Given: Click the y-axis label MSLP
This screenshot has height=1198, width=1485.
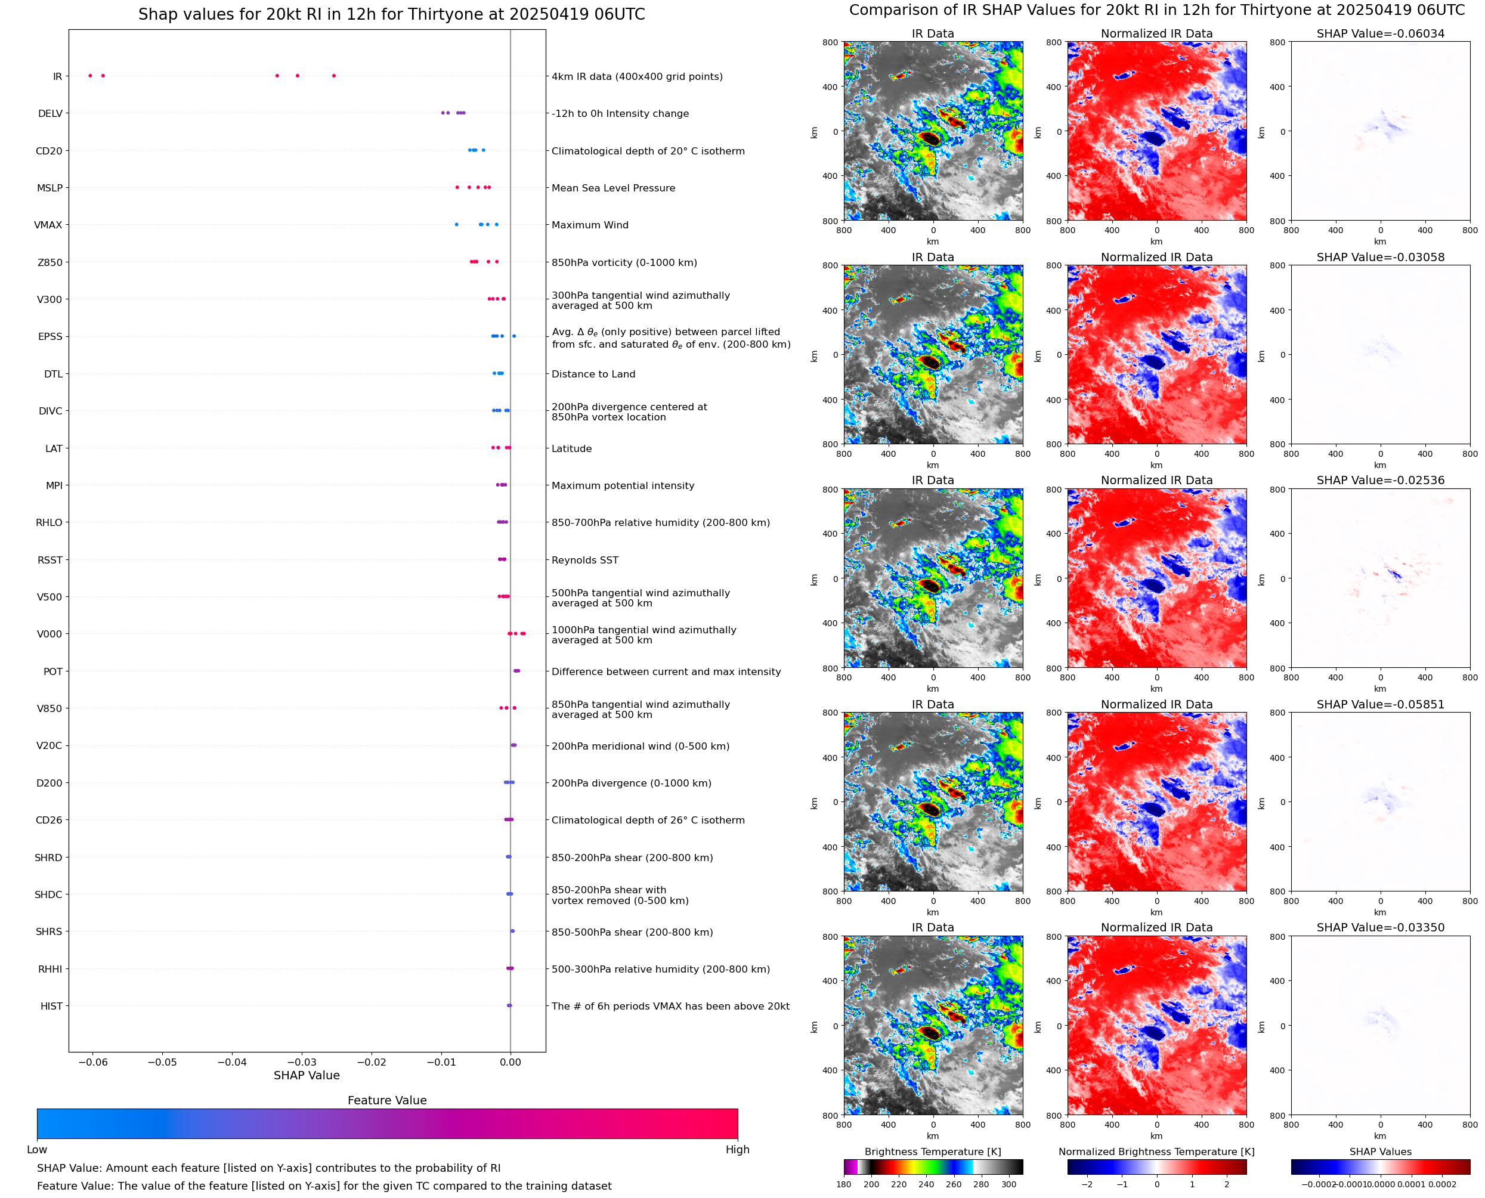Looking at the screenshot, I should [49, 188].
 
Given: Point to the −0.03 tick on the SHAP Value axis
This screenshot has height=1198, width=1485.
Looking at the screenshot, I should [302, 1062].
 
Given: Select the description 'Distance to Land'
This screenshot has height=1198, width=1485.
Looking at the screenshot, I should [593, 374].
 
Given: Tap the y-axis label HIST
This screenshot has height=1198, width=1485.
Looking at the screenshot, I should [51, 1006].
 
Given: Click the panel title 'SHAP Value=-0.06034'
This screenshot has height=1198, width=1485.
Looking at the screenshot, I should [1380, 34].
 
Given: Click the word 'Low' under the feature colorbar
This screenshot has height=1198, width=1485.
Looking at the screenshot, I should [37, 1150].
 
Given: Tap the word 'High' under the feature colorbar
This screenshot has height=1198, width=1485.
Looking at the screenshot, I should [737, 1150].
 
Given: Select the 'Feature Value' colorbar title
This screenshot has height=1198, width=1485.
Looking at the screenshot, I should [387, 1101].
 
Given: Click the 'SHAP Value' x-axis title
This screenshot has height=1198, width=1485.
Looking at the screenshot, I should [307, 1076].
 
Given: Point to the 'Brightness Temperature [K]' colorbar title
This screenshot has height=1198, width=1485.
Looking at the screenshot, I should [932, 1151].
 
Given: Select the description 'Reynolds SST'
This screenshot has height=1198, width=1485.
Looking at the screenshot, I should [584, 561].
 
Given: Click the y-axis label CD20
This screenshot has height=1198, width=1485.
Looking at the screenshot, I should [49, 151].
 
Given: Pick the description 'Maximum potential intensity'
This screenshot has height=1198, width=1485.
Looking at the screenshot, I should [623, 486].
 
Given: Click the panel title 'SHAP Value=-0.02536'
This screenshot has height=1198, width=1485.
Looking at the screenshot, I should [1380, 480].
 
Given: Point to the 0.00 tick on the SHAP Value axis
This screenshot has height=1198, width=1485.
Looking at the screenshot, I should [510, 1062].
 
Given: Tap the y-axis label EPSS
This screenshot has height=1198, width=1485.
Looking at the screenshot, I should [50, 337].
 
